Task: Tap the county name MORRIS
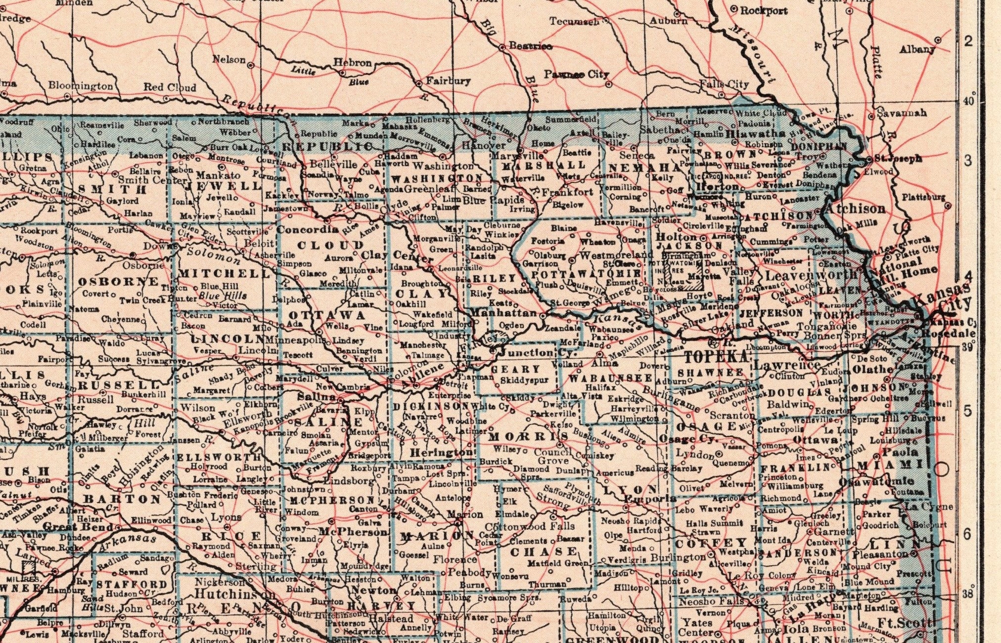pos(528,437)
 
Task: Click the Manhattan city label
pos(503,313)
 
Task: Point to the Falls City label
pos(724,85)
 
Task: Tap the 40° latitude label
pos(968,100)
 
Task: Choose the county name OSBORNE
pos(119,282)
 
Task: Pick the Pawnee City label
pos(577,74)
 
